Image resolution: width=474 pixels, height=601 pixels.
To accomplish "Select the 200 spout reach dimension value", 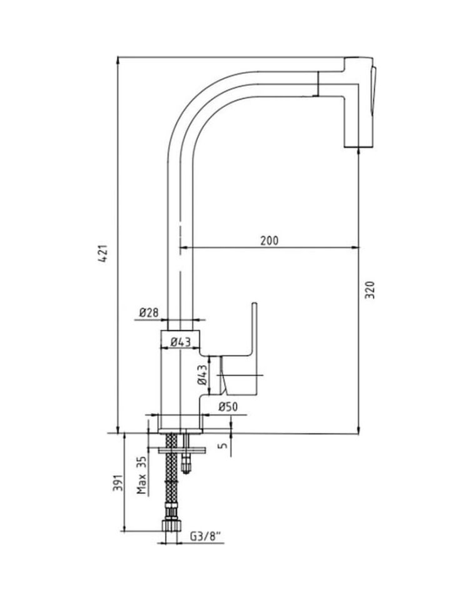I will [270, 240].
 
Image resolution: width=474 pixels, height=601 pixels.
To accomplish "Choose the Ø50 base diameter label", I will [228, 407].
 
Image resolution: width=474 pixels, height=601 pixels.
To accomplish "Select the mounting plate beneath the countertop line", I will [182, 449].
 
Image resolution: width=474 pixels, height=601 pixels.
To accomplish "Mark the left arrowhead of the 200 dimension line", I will [184, 248].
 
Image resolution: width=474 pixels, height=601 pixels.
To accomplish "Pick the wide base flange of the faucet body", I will [181, 423].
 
